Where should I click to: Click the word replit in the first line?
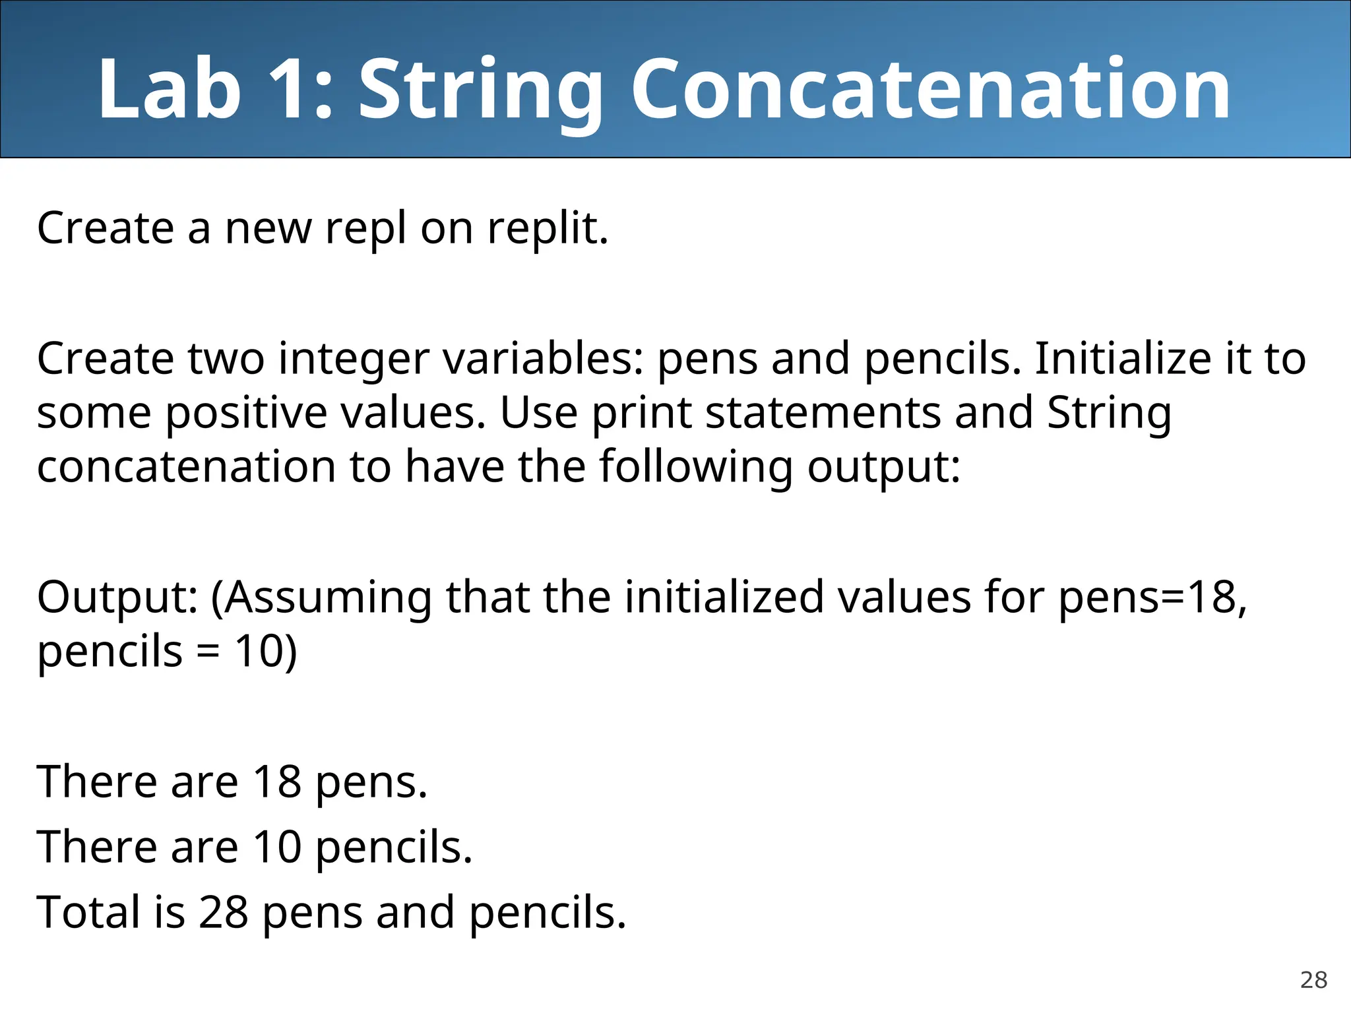point(547,229)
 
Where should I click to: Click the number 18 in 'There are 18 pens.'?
point(277,782)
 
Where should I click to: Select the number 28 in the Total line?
point(223,913)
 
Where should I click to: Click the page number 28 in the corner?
point(1313,980)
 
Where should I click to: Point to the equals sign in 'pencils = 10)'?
point(208,652)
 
